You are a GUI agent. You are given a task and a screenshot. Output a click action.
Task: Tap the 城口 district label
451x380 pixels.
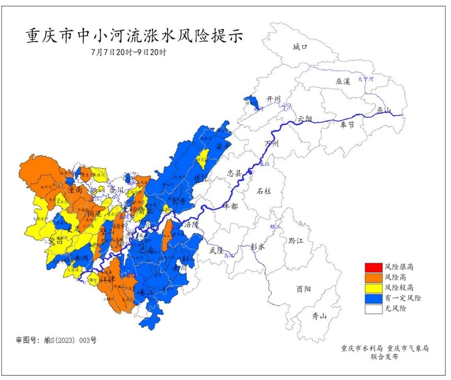300,47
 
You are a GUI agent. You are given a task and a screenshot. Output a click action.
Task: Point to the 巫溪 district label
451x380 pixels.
343,81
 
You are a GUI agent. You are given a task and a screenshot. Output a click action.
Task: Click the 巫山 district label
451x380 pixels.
383,110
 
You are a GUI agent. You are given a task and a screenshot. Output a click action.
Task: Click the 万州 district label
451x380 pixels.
272,143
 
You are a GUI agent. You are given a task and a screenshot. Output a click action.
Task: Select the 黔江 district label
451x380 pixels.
297,240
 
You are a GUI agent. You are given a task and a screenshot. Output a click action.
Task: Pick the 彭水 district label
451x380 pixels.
258,246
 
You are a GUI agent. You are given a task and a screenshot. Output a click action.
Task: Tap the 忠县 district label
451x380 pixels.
234,173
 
